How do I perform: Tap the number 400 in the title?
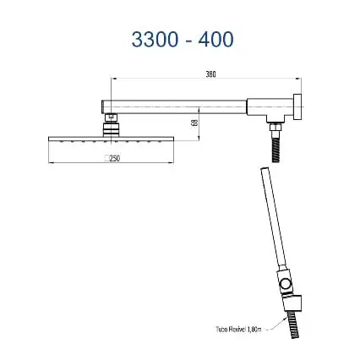(214, 39)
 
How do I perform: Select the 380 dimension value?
(210, 74)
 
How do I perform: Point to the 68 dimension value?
(194, 123)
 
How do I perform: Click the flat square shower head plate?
(111, 139)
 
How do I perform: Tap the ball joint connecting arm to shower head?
(111, 123)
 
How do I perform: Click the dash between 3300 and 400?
(183, 40)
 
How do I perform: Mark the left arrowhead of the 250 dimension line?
(52, 159)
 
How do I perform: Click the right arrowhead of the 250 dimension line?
(172, 159)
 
